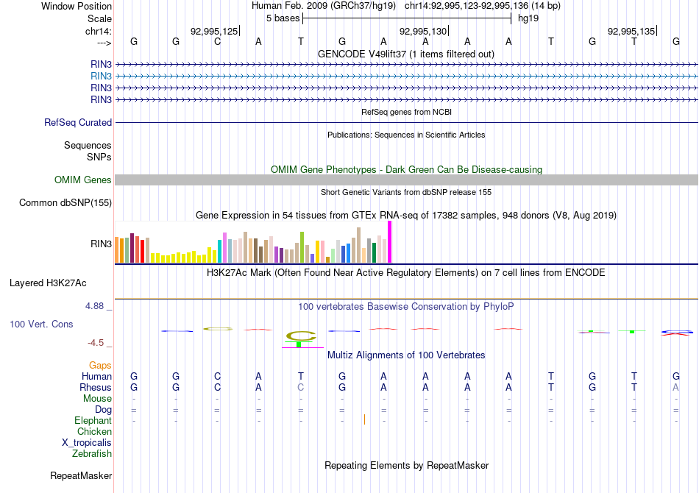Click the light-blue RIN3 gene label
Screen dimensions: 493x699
101,76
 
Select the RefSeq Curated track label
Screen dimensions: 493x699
78,123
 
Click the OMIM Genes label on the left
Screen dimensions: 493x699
83,180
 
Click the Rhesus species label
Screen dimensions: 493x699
96,388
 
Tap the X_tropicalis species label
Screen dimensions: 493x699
87,443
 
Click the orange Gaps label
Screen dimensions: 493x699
100,366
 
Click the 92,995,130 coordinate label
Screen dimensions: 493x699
422,32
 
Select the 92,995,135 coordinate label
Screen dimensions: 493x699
631,32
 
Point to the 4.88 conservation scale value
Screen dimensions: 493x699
99,306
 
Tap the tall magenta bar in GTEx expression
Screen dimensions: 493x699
389,241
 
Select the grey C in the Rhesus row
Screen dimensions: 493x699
300,388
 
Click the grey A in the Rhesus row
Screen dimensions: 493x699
675,388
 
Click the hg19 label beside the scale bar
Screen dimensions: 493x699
528,18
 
